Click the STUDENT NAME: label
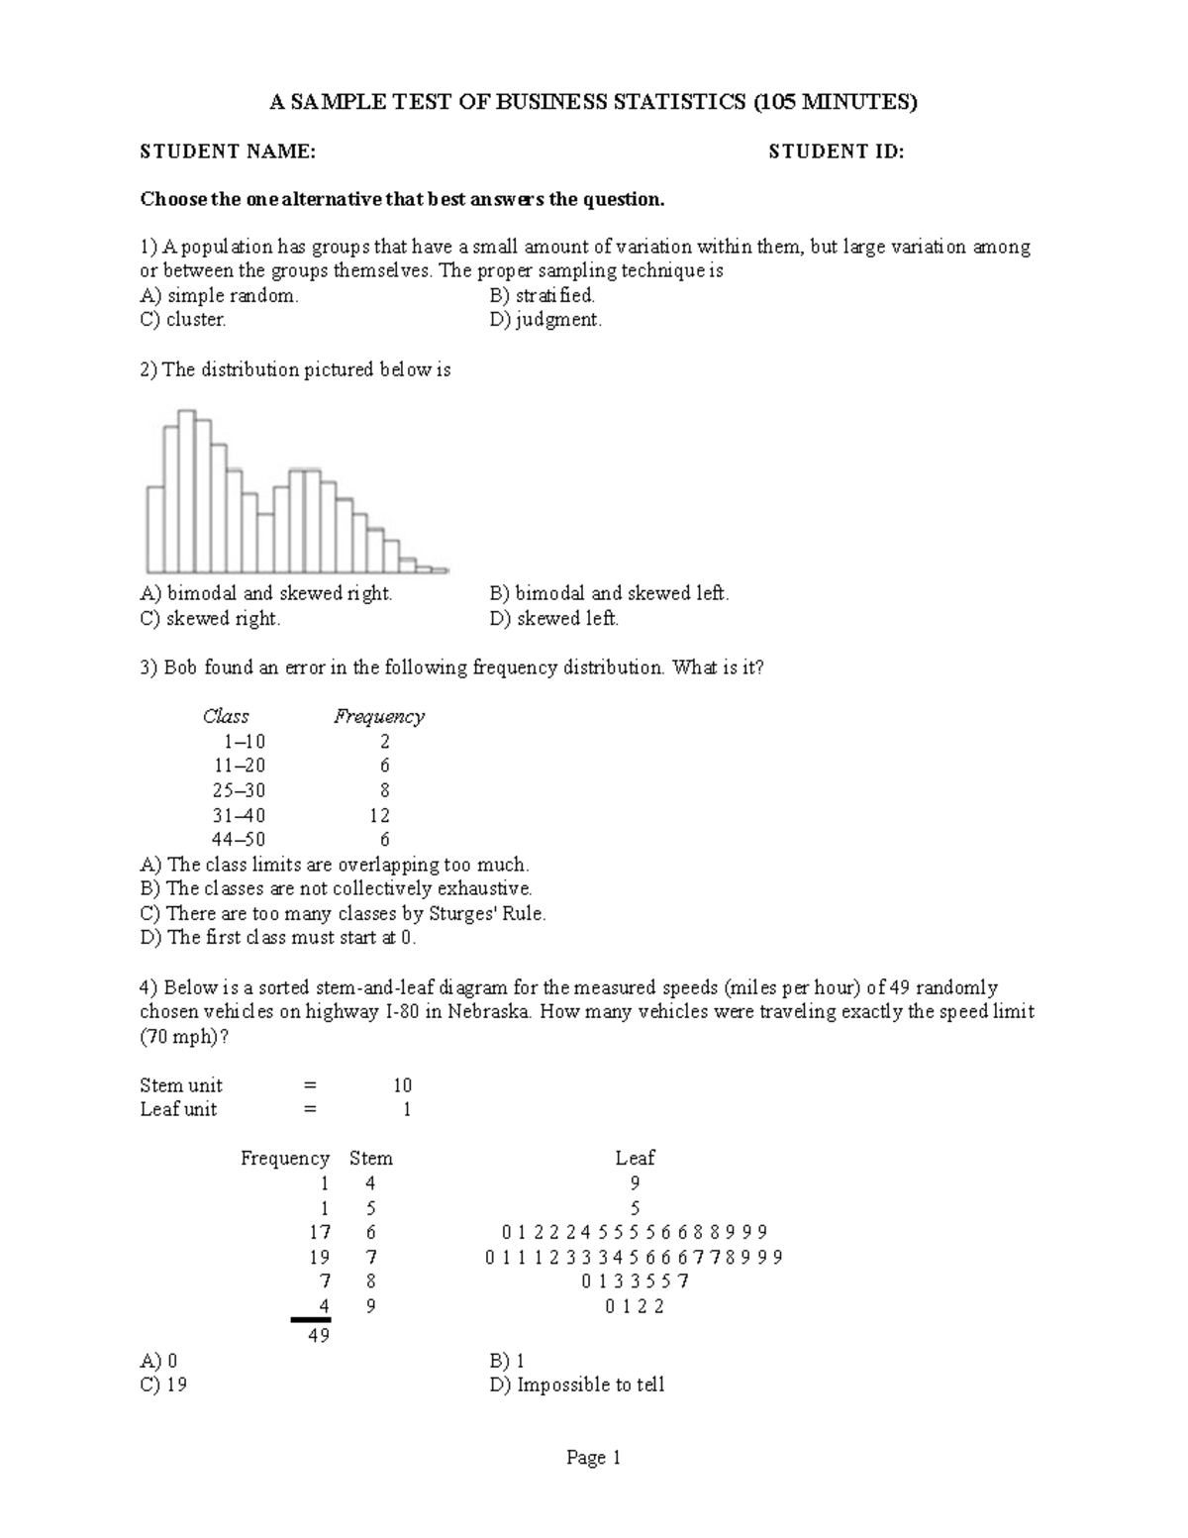point(228,152)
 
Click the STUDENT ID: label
point(837,152)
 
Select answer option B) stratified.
point(542,295)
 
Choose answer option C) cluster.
point(183,320)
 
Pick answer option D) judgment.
point(545,320)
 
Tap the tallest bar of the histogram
point(186,490)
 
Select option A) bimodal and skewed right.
point(266,593)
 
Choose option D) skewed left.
point(553,618)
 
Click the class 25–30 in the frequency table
point(240,790)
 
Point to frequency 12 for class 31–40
point(379,815)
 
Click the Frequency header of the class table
point(379,716)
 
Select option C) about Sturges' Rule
point(343,913)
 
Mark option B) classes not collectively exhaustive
point(337,888)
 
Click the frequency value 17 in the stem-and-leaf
point(319,1232)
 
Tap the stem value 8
point(371,1282)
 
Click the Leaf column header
point(635,1158)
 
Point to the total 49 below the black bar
point(318,1335)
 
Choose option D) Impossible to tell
point(576,1384)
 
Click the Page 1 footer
point(593,1458)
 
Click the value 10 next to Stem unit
point(402,1085)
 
